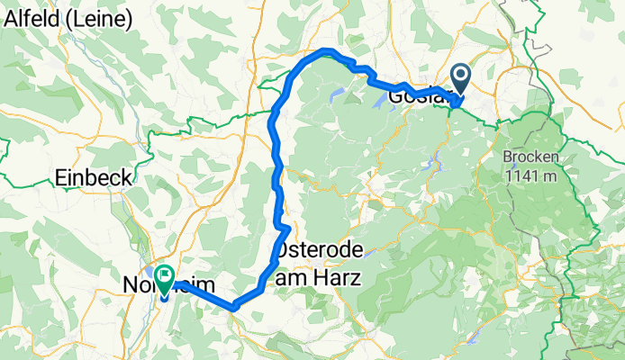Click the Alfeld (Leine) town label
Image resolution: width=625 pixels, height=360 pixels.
pyautogui.click(x=68, y=18)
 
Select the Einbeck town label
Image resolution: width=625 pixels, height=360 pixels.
pyautogui.click(x=95, y=177)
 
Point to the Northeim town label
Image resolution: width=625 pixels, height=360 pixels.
pyautogui.click(x=168, y=286)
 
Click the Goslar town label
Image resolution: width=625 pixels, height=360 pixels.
pyautogui.click(x=416, y=95)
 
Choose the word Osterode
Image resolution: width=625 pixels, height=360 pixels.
pyautogui.click(x=315, y=249)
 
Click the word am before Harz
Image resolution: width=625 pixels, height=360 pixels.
pyautogui.click(x=290, y=279)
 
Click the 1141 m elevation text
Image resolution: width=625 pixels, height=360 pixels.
pyautogui.click(x=532, y=175)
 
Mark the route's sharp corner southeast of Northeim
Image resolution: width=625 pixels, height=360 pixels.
pyautogui.click(x=233, y=307)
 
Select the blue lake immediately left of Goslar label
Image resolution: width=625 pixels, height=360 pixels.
pyautogui.click(x=378, y=104)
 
